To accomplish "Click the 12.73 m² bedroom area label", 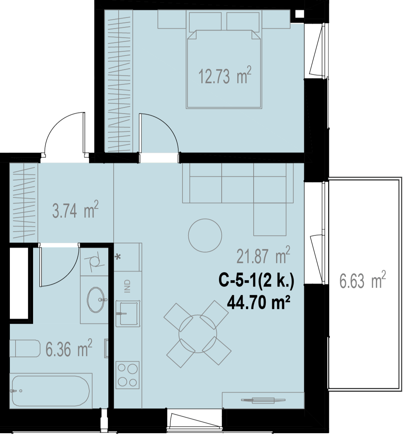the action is (x=225, y=76).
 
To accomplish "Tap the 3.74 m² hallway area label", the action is (x=75, y=210).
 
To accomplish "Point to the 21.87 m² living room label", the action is (x=263, y=255).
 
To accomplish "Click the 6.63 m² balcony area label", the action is (x=362, y=280).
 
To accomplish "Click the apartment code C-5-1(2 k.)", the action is (x=256, y=281).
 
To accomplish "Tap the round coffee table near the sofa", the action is (x=205, y=235).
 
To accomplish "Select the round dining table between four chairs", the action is (x=198, y=334).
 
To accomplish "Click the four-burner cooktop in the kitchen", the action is (x=128, y=375).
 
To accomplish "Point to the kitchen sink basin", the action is (x=128, y=313).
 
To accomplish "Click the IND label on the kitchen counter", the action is (x=128, y=286).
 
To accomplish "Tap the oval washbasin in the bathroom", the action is (x=96, y=299).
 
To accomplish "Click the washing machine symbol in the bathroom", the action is (x=95, y=262).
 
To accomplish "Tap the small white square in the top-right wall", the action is (x=299, y=14).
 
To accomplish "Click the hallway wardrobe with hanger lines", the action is (x=24, y=202).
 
